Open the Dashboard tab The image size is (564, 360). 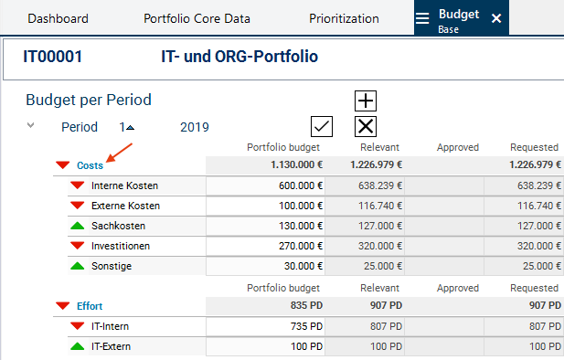[58, 18]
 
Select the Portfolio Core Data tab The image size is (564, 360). [197, 18]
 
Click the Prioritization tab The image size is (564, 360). [344, 18]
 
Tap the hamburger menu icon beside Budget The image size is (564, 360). [422, 18]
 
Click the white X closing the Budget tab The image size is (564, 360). [496, 18]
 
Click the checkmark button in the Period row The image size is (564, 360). [322, 127]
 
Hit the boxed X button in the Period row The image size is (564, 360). [366, 127]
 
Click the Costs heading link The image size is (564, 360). [90, 165]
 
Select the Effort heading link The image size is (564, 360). [90, 306]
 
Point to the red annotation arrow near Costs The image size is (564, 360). [120, 153]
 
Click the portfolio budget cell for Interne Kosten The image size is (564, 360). [265, 185]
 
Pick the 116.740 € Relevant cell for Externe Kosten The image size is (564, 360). [365, 206]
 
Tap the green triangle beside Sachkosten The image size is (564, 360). [78, 226]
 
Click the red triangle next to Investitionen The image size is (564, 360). [78, 246]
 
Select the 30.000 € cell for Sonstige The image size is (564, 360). [265, 266]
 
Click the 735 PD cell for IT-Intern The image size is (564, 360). [265, 326]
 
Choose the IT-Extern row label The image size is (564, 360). [111, 346]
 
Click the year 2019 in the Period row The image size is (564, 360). [194, 127]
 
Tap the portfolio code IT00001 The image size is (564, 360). [53, 57]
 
